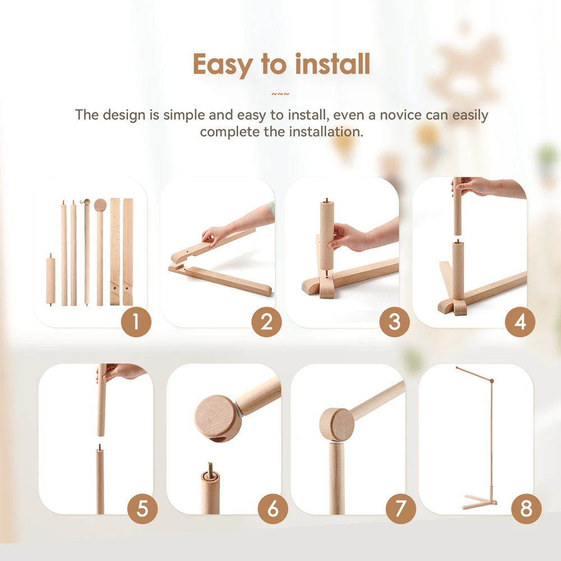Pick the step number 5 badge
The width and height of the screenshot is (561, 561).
tap(142, 509)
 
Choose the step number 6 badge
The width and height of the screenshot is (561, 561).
tap(273, 509)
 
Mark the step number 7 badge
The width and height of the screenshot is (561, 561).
tap(401, 509)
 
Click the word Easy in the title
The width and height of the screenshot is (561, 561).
tap(223, 65)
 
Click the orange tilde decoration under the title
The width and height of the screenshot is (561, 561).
tap(280, 94)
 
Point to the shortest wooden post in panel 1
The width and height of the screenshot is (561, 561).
tap(50, 280)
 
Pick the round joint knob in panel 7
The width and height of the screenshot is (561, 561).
tap(337, 424)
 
